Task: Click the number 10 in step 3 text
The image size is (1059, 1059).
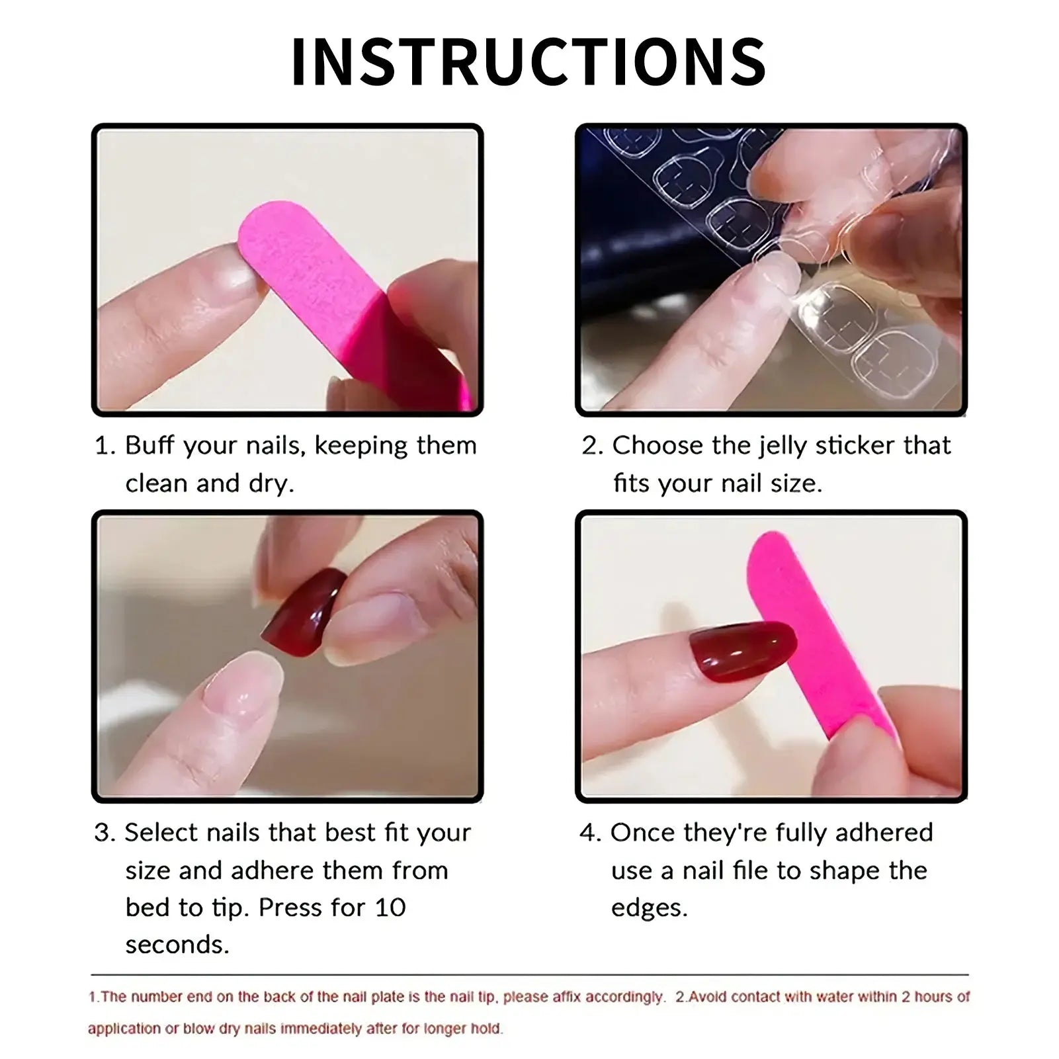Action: click(x=390, y=908)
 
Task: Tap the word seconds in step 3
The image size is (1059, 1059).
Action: click(x=177, y=945)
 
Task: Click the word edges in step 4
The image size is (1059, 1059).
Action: click(x=649, y=908)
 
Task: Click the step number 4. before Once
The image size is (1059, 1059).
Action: click(x=590, y=832)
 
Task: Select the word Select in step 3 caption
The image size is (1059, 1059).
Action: click(x=161, y=832)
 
